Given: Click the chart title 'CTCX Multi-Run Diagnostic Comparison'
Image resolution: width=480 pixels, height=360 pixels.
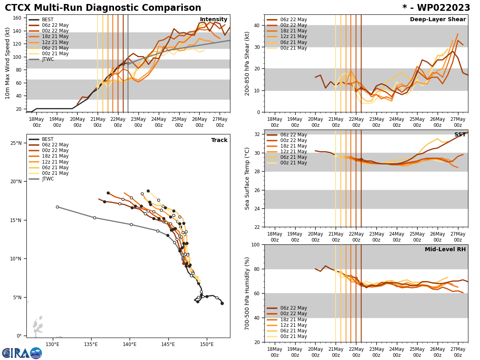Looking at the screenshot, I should click(103, 8).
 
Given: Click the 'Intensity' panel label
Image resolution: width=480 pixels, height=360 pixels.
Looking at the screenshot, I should click(214, 20).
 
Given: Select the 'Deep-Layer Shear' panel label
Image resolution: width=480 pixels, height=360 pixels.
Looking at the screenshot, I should click(438, 20).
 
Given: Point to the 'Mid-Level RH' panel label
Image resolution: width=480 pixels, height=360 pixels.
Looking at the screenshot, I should click(445, 250).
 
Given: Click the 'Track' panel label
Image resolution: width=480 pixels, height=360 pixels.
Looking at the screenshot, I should click(219, 140).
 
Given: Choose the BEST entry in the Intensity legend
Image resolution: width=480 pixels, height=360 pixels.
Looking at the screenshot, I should click(48, 20).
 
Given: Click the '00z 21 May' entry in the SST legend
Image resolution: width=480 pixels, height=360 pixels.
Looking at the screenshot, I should click(294, 163).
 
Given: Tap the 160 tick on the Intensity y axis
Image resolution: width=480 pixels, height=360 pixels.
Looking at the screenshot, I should click(17, 18).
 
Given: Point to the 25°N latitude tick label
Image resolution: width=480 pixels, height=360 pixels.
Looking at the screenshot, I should click(16, 143).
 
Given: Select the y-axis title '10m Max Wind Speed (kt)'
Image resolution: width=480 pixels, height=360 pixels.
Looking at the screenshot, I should click(8, 63).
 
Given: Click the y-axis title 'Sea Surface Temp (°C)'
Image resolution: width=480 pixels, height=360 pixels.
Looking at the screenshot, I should click(248, 178).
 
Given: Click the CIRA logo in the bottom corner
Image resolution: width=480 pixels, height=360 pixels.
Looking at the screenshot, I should click(22, 353).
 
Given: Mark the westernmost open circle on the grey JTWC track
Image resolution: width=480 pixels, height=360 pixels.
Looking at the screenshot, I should click(57, 207).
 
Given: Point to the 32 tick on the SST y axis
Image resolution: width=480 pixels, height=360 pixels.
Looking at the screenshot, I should click(257, 134).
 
